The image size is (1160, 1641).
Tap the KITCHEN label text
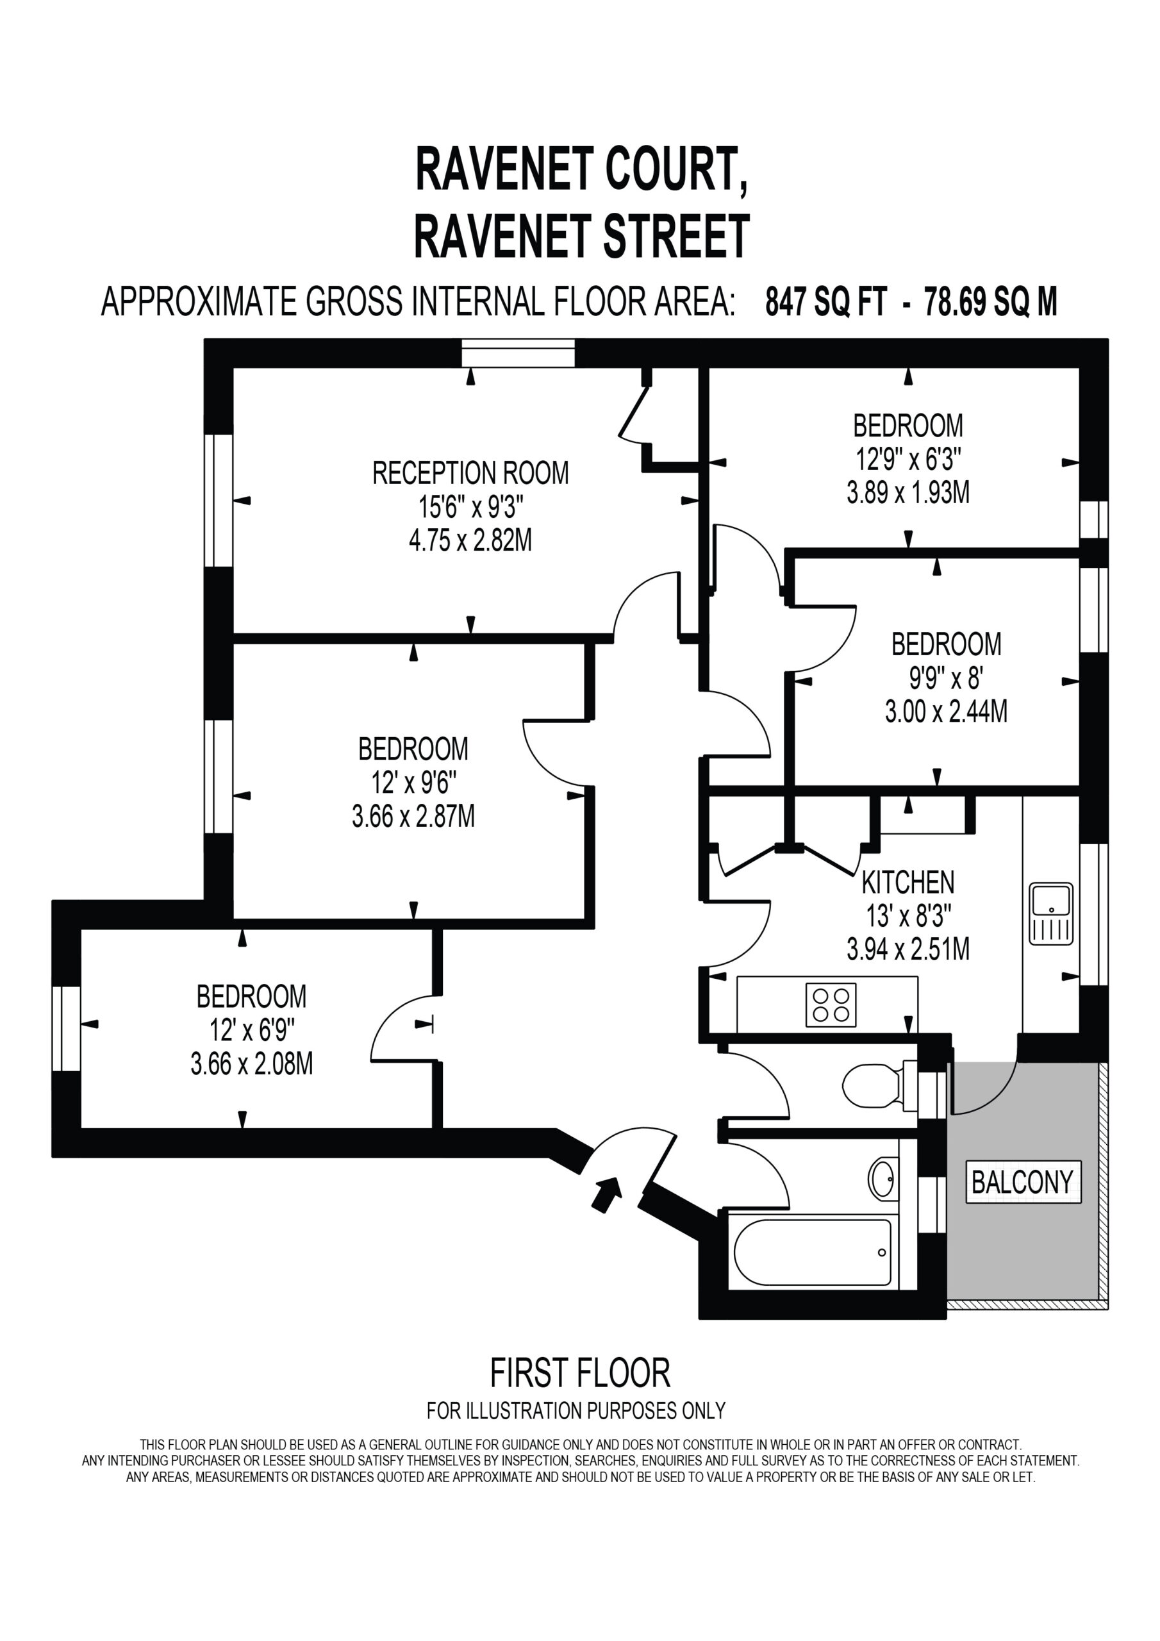(x=907, y=883)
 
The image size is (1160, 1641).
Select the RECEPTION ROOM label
(x=470, y=473)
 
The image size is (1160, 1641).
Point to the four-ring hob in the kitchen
(x=831, y=1006)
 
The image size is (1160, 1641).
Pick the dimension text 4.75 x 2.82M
(x=470, y=541)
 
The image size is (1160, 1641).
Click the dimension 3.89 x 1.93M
(x=907, y=493)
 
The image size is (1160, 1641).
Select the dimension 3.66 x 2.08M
(x=252, y=1064)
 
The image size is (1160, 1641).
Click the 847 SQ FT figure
(x=826, y=303)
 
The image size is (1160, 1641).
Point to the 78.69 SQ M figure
(x=991, y=303)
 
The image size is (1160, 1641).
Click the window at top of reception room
(x=518, y=353)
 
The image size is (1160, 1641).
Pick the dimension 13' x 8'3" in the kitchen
(x=907, y=915)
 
